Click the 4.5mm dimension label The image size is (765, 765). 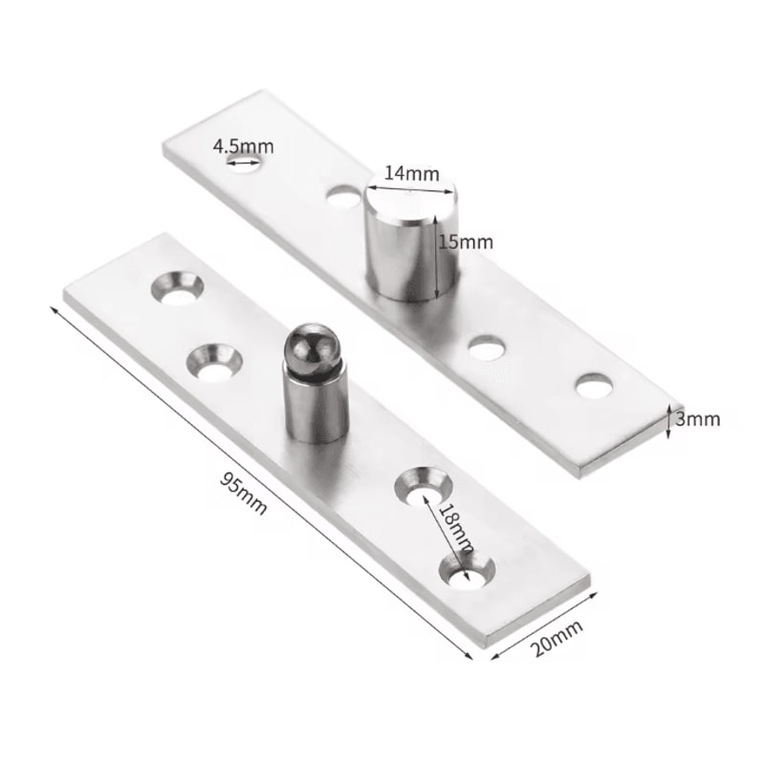pyautogui.click(x=243, y=146)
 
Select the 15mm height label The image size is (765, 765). pyautogui.click(x=465, y=243)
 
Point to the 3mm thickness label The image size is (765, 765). pyautogui.click(x=699, y=418)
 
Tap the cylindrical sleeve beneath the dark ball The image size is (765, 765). pyautogui.click(x=314, y=406)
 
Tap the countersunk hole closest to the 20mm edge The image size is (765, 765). pyautogui.click(x=467, y=570)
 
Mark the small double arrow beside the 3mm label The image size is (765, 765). pyautogui.click(x=669, y=419)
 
